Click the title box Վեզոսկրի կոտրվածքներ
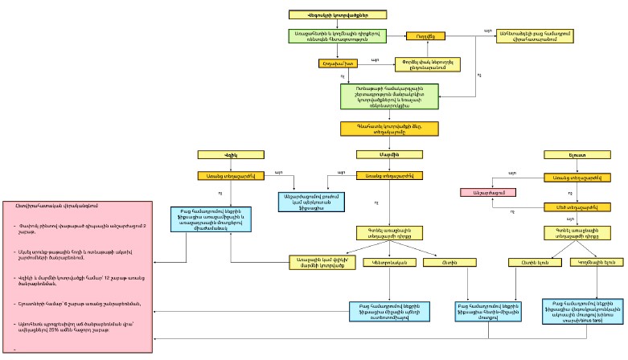coord(337,14)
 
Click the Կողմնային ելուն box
coord(593,262)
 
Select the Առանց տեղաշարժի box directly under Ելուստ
coord(567,177)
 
